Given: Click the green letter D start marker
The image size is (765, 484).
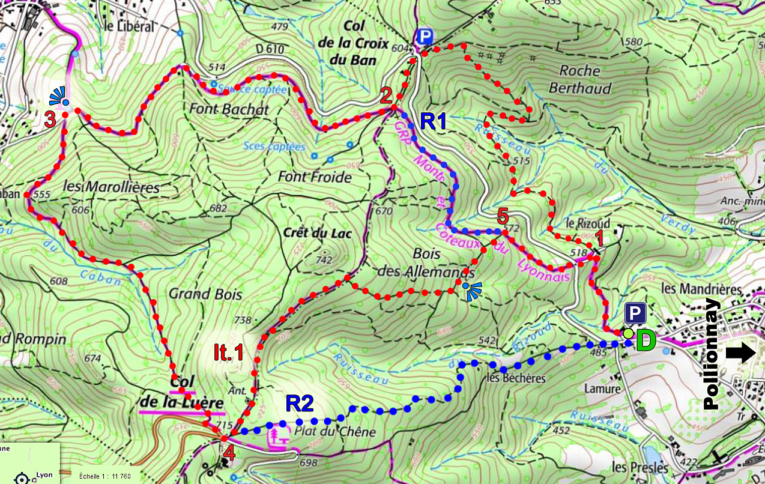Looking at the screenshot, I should [x=646, y=340].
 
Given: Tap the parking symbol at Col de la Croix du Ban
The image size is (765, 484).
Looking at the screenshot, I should [x=425, y=37].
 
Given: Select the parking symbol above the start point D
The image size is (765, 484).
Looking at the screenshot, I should [x=635, y=313].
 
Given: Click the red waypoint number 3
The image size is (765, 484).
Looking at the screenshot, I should [x=50, y=119].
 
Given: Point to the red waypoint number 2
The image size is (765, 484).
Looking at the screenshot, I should [x=386, y=94].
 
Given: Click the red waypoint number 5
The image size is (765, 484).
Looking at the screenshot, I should [x=503, y=216].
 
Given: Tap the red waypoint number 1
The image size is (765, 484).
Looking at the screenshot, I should [x=598, y=239].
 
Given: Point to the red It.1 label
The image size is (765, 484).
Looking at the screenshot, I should [x=229, y=352].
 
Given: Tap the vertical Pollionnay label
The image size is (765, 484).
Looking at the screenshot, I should [x=712, y=354].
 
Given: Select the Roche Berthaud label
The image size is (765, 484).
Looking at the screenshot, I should [x=580, y=79].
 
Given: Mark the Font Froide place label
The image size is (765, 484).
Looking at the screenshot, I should [x=315, y=177].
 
